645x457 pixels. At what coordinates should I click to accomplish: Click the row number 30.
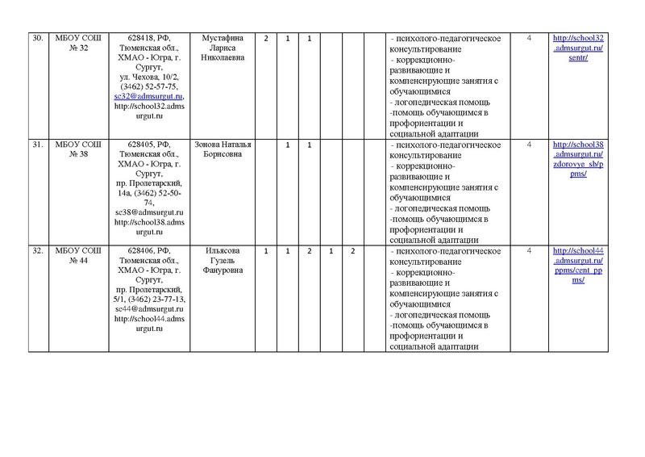(36, 39)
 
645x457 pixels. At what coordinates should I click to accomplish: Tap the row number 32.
(36, 252)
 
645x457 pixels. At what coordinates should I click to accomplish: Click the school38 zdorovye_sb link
(577, 155)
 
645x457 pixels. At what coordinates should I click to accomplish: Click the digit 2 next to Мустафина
(266, 39)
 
